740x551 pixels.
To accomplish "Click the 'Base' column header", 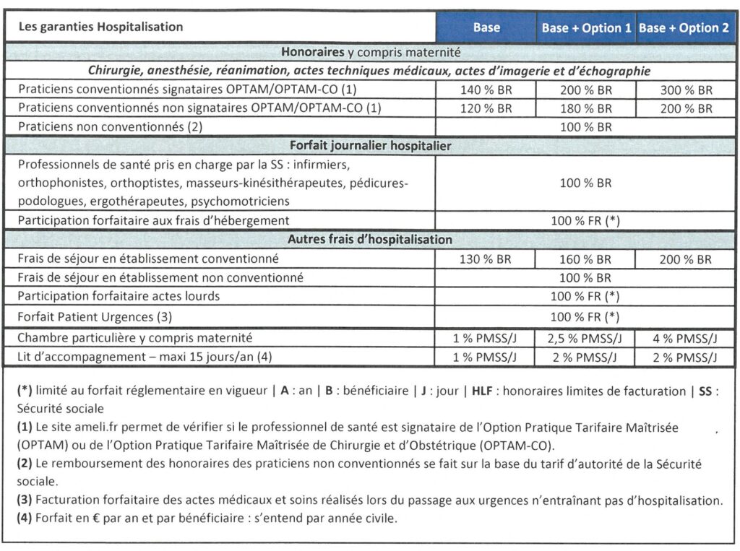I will pos(486,28).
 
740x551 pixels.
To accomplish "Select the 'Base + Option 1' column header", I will pos(586,28).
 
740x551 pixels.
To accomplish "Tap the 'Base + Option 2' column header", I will pos(684,28).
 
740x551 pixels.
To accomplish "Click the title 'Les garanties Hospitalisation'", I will pos(100,27).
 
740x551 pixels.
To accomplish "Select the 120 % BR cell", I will pos(486,108).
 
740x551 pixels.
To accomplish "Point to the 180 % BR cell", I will pos(585,108).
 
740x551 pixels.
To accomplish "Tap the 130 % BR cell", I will pos(486,259).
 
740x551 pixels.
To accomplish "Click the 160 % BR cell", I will pos(585,259).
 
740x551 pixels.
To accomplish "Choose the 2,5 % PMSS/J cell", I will pos(585,338).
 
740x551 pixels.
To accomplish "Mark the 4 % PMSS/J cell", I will pos(686,338).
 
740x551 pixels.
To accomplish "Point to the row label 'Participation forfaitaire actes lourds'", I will pos(119,296).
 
